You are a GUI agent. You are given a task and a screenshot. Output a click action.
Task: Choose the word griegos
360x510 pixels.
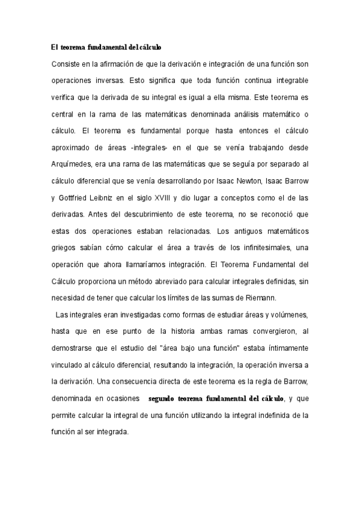click(x=66, y=244)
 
